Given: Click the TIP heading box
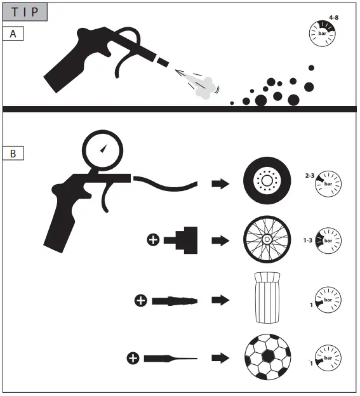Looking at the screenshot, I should (24, 12).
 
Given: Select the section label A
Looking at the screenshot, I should (13, 34).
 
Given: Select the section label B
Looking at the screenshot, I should (13, 153).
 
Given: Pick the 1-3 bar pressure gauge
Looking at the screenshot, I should (328, 241).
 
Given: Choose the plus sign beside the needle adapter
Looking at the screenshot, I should (133, 359).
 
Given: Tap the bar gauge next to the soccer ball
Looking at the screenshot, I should (328, 359).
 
